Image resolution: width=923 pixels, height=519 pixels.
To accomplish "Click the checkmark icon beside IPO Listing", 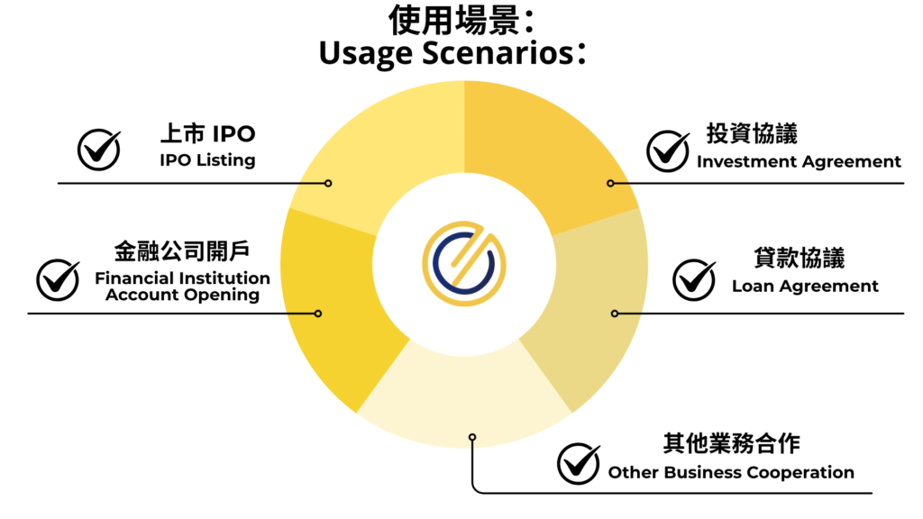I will (98, 150).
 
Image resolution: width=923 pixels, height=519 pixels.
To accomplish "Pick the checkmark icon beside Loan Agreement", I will (695, 280).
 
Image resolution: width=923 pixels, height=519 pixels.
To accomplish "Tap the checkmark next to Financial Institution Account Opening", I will (58, 280).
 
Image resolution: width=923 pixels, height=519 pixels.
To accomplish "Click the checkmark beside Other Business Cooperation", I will (579, 463).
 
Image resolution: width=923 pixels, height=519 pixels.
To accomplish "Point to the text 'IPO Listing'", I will (207, 160).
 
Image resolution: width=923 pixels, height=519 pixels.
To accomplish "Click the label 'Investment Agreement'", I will (799, 162).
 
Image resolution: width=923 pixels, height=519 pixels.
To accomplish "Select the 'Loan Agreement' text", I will (805, 287).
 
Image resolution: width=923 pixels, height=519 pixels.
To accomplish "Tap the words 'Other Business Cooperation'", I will (731, 472).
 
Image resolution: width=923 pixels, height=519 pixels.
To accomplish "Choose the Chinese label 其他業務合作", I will (731, 444).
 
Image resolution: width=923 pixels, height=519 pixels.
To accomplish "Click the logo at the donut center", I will (464, 262).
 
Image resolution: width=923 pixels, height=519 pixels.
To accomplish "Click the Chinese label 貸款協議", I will (800, 258).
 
